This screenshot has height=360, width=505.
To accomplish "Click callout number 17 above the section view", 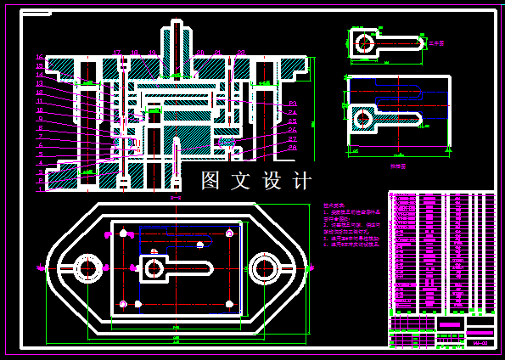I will pos(117,53).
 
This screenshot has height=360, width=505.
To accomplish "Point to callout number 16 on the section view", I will pos(39,58).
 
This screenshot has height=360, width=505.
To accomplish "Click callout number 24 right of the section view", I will pos(292,112).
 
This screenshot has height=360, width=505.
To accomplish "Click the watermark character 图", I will pos(211,181).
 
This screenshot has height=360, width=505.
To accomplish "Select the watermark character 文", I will pos(242,181).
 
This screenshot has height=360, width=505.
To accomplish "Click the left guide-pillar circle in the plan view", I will pos(87,268).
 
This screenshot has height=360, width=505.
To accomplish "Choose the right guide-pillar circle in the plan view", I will pos(266,268).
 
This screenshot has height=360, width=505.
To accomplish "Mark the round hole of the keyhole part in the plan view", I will pos(154,268).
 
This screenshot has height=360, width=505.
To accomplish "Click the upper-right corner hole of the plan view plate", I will pos(229,233).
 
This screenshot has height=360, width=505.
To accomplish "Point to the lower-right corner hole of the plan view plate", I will pos(229,304).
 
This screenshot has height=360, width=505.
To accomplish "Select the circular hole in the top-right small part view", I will pos(365,42).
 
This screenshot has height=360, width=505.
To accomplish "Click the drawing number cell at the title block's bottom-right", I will pos(480,342).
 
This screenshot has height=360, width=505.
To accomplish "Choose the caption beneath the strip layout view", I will pos(397,167).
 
